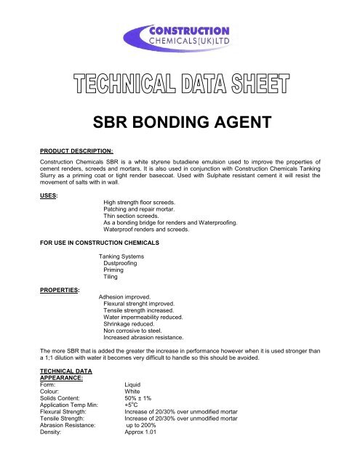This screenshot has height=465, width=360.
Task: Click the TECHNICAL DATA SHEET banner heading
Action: click(x=180, y=91)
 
